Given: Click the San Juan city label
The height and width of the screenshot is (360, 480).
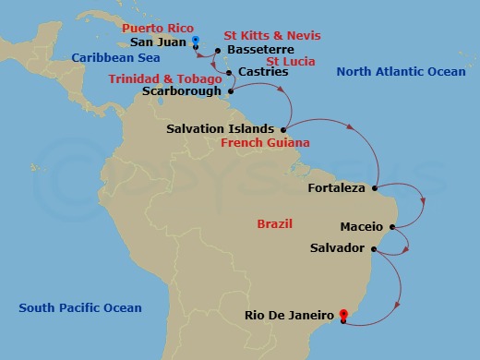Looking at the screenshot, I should click(158, 42).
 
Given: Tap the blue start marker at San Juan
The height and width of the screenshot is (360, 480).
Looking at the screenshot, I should click(196, 41).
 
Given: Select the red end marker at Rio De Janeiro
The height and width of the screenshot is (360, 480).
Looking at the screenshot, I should click(343, 316).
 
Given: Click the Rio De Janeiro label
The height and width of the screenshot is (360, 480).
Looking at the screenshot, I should click(288, 316).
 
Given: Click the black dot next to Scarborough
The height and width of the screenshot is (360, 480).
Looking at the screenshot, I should click(230, 90).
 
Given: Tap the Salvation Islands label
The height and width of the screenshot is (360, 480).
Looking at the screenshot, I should click(220, 128).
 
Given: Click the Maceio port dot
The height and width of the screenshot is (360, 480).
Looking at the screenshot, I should click(393, 225).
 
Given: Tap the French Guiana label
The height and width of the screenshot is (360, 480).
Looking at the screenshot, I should click(265, 143).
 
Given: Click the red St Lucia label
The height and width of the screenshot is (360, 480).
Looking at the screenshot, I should click(291, 61).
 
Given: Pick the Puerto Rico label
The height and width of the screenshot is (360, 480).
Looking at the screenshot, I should click(154, 29).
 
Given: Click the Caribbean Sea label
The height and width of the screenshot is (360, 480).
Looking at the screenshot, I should click(110, 57).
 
